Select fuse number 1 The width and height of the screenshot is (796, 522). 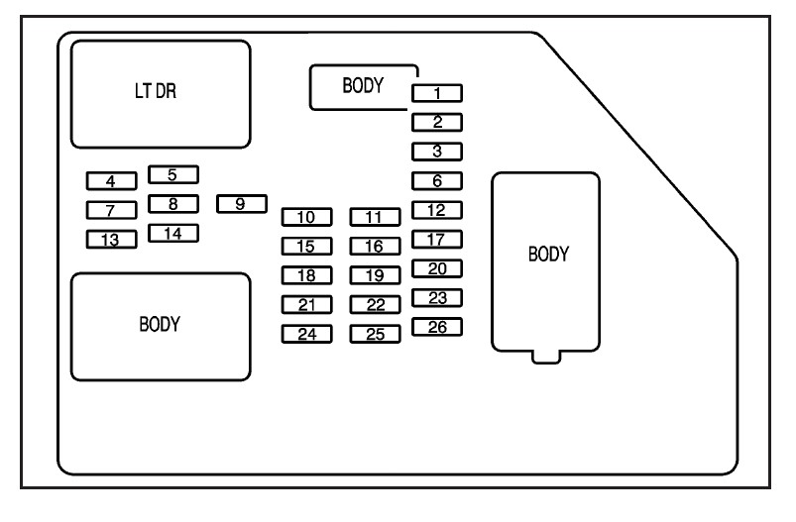pyautogui.click(x=437, y=94)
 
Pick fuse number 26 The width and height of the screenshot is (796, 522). pyautogui.click(x=437, y=327)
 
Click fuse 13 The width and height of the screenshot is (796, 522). pyautogui.click(x=110, y=240)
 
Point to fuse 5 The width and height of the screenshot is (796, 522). pyautogui.click(x=172, y=175)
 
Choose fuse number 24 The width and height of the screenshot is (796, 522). pyautogui.click(x=306, y=334)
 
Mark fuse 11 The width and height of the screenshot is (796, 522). pyautogui.click(x=374, y=217)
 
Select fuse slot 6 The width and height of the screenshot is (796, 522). pyautogui.click(x=437, y=181)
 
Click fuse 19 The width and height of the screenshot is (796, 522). pyautogui.click(x=374, y=275)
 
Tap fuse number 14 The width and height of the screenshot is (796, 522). pyautogui.click(x=172, y=234)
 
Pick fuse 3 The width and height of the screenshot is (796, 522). pyautogui.click(x=437, y=152)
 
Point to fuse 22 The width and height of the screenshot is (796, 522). pyautogui.click(x=374, y=305)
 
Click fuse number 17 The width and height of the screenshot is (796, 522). pyautogui.click(x=437, y=240)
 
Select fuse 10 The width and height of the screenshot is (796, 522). pyautogui.click(x=306, y=217)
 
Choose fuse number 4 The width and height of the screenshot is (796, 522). pyautogui.click(x=110, y=181)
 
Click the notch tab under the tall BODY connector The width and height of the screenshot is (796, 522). pyautogui.click(x=545, y=356)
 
